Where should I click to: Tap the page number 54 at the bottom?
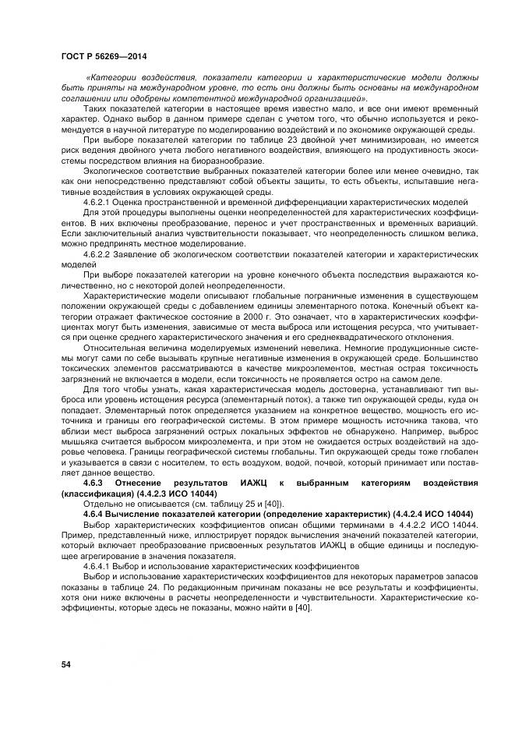coord(66,664)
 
